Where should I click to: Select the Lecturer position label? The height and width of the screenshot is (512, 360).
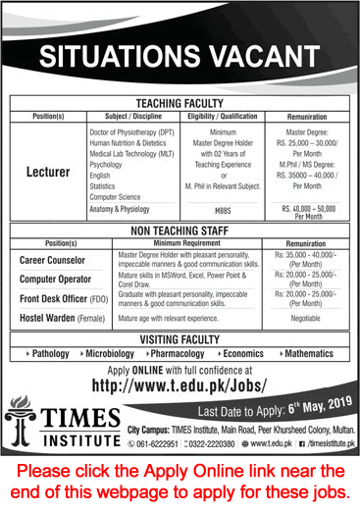click(49, 169)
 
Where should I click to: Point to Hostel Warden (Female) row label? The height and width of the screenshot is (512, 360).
click(59, 319)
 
